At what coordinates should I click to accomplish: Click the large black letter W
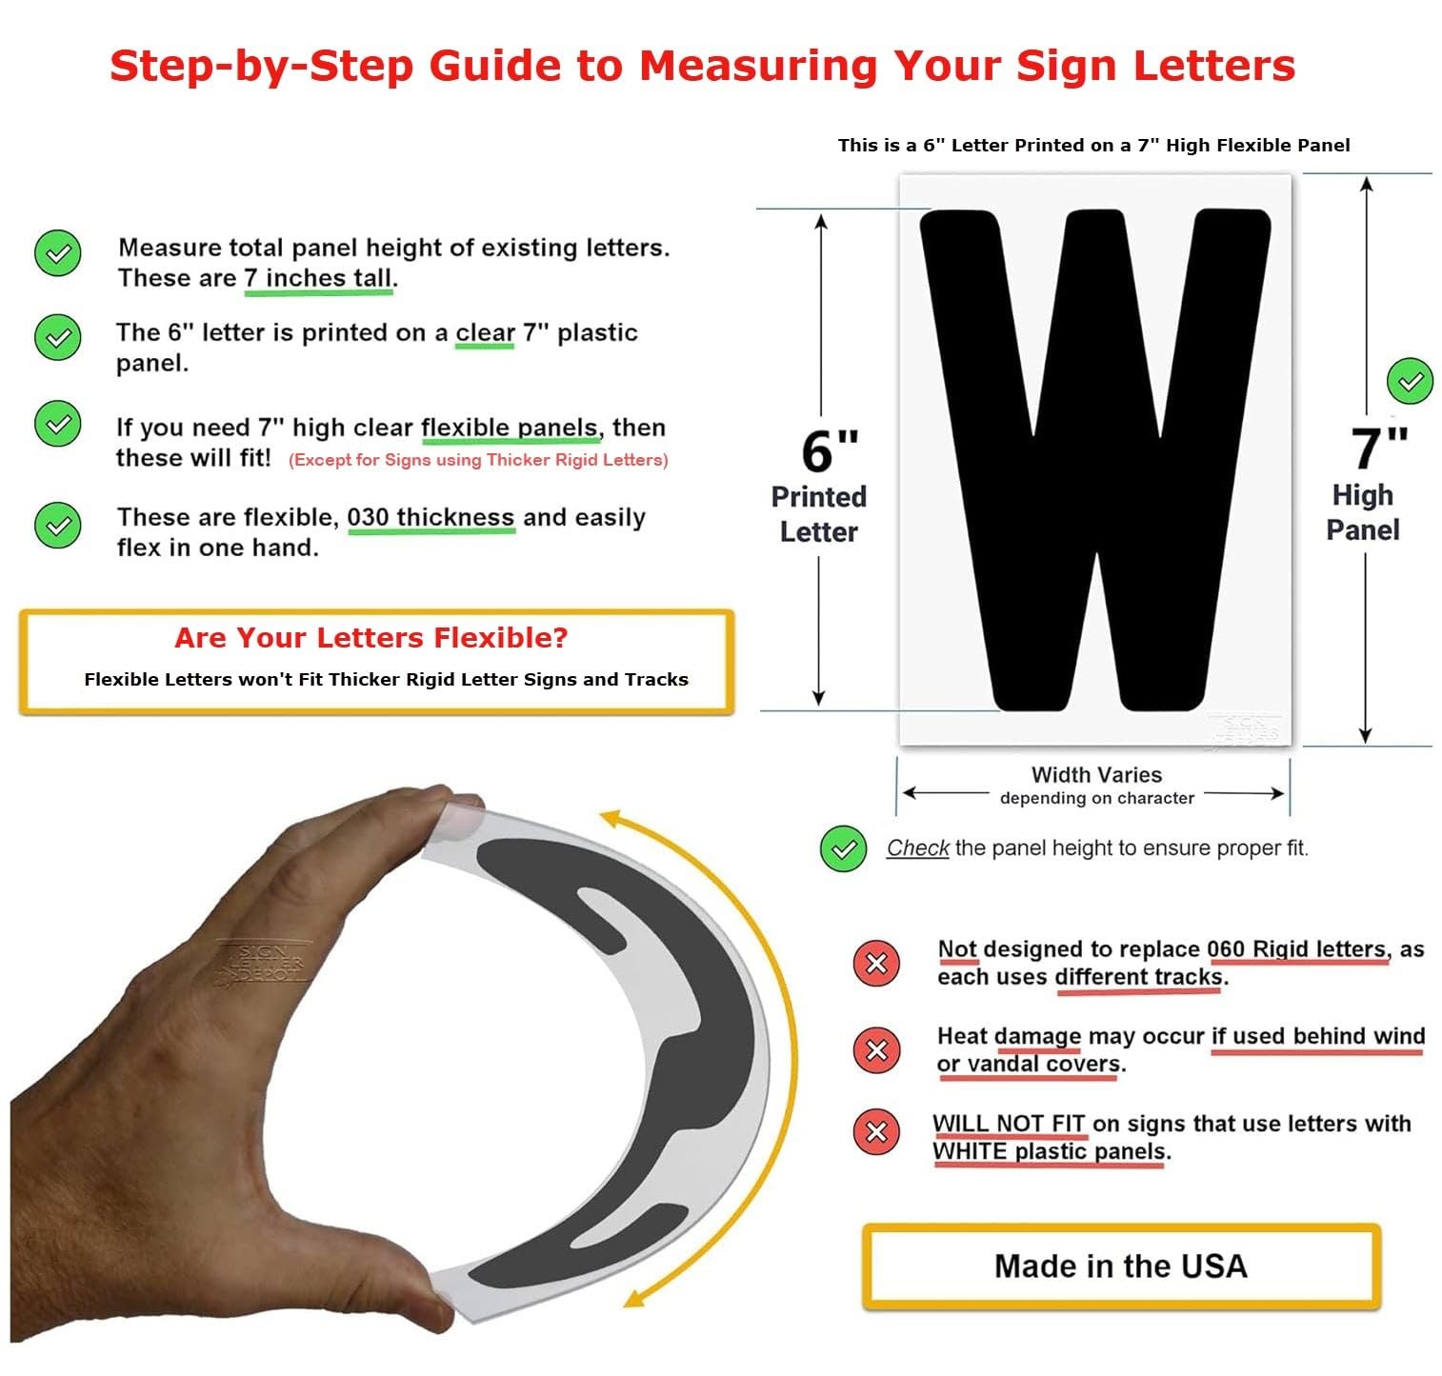[1095, 460]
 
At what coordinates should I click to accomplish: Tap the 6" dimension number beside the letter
[831, 450]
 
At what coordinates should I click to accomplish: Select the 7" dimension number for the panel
[1379, 449]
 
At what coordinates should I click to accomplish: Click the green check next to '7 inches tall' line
[58, 253]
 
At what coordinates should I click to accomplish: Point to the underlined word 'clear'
[485, 332]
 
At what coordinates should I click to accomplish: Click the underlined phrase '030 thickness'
[431, 517]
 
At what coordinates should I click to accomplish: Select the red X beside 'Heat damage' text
[876, 1049]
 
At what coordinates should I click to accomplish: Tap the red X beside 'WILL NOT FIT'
[876, 1132]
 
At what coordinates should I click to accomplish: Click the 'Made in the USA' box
[1121, 1266]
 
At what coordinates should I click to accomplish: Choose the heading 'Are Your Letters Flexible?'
[371, 637]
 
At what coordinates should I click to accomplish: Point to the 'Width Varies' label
[1096, 775]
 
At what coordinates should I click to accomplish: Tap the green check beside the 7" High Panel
[1410, 382]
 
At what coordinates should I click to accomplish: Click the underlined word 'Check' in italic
[917, 848]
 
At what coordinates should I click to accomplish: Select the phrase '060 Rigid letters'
[1296, 948]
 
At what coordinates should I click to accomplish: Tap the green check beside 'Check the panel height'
[843, 848]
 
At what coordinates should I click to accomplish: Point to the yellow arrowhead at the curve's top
[612, 820]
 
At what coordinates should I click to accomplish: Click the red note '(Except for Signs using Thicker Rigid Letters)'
[478, 460]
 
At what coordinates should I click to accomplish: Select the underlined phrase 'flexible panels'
[510, 428]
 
